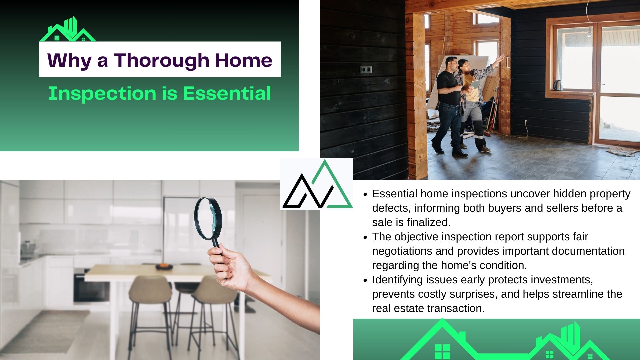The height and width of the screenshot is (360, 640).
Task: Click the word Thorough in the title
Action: [x=162, y=60]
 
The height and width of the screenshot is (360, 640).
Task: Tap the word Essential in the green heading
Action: [x=227, y=93]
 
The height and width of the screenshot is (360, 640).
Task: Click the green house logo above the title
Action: [x=68, y=29]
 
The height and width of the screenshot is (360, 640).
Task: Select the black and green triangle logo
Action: [x=317, y=184]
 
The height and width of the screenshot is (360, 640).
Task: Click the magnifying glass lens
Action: [x=208, y=218]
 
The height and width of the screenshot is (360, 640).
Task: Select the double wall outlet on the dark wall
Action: [x=366, y=70]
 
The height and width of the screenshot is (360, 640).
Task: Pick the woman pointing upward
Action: [x=475, y=100]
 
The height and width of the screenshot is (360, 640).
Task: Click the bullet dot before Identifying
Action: [x=365, y=281]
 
